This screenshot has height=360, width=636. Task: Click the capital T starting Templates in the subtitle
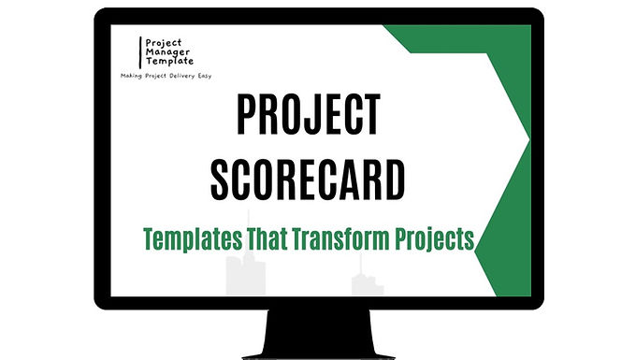148,238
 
